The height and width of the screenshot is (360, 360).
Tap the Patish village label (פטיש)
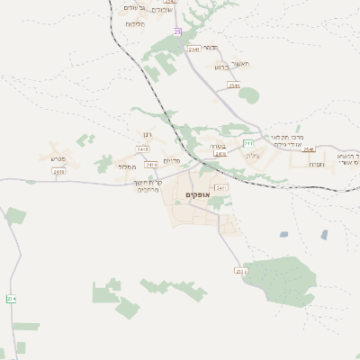point(52,158)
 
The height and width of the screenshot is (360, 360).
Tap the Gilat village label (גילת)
point(251,156)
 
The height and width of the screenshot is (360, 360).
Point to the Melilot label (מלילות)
point(135,23)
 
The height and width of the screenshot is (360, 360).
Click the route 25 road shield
point(177,31)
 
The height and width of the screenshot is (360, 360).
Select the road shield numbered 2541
point(193,49)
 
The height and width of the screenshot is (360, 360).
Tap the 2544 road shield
point(234,85)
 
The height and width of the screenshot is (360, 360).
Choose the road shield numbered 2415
point(143,148)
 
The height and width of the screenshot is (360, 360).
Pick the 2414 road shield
point(151,165)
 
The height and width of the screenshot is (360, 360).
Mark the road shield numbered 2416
point(220,154)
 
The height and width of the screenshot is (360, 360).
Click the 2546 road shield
point(309,149)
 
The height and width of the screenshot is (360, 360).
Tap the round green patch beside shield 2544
point(249,94)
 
